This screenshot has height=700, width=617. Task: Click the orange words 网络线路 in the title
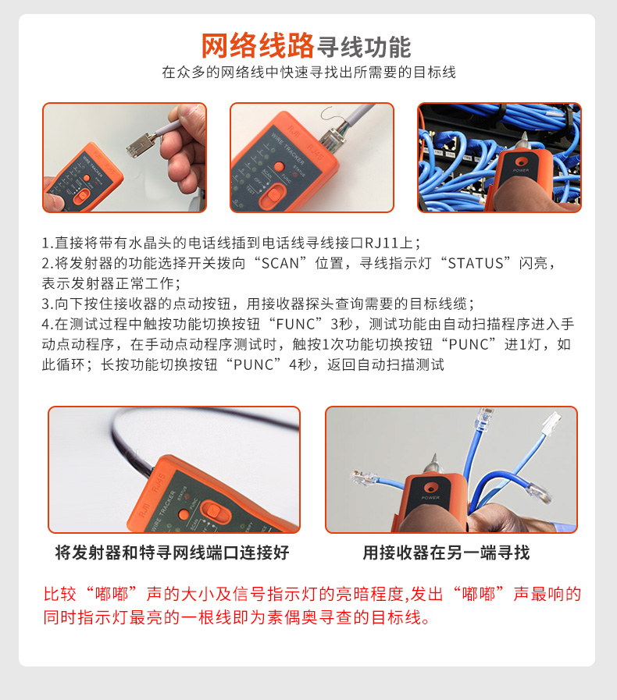pos(258,46)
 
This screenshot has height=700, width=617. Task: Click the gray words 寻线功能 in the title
pos(364,46)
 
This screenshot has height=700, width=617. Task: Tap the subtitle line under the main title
pos(308,73)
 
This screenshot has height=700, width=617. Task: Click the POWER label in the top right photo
pos(521,170)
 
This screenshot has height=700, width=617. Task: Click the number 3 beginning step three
pos(45,304)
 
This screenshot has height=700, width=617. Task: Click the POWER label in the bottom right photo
pos(431,496)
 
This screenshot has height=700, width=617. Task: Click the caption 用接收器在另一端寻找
pos(446,553)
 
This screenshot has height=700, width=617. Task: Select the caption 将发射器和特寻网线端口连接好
pos(173,553)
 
